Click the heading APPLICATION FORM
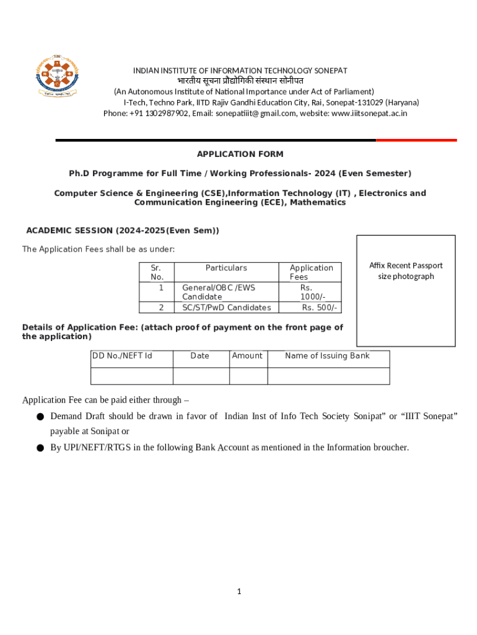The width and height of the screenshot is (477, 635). point(240,154)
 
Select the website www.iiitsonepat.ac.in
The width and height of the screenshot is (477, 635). point(370,113)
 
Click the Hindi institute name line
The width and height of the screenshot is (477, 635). point(240,81)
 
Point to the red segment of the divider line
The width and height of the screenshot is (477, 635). point(416,140)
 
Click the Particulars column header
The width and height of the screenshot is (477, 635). point(226,268)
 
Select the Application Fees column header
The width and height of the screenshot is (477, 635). point(311,272)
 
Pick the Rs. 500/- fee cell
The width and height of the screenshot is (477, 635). point(319,308)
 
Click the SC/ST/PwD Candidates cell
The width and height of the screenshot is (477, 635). point(226,308)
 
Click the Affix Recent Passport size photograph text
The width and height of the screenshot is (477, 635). point(406,271)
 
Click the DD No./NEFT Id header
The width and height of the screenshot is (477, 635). point(122,356)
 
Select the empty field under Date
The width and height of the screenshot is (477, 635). point(201,376)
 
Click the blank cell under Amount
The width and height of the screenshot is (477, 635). point(248,376)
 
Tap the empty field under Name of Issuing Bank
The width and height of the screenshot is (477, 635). point(328,376)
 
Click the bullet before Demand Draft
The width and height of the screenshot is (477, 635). point(40,417)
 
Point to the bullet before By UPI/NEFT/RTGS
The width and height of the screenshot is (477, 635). point(40,448)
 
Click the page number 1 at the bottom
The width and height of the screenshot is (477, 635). point(239,592)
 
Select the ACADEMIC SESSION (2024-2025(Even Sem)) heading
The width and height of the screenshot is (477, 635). point(123,231)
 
